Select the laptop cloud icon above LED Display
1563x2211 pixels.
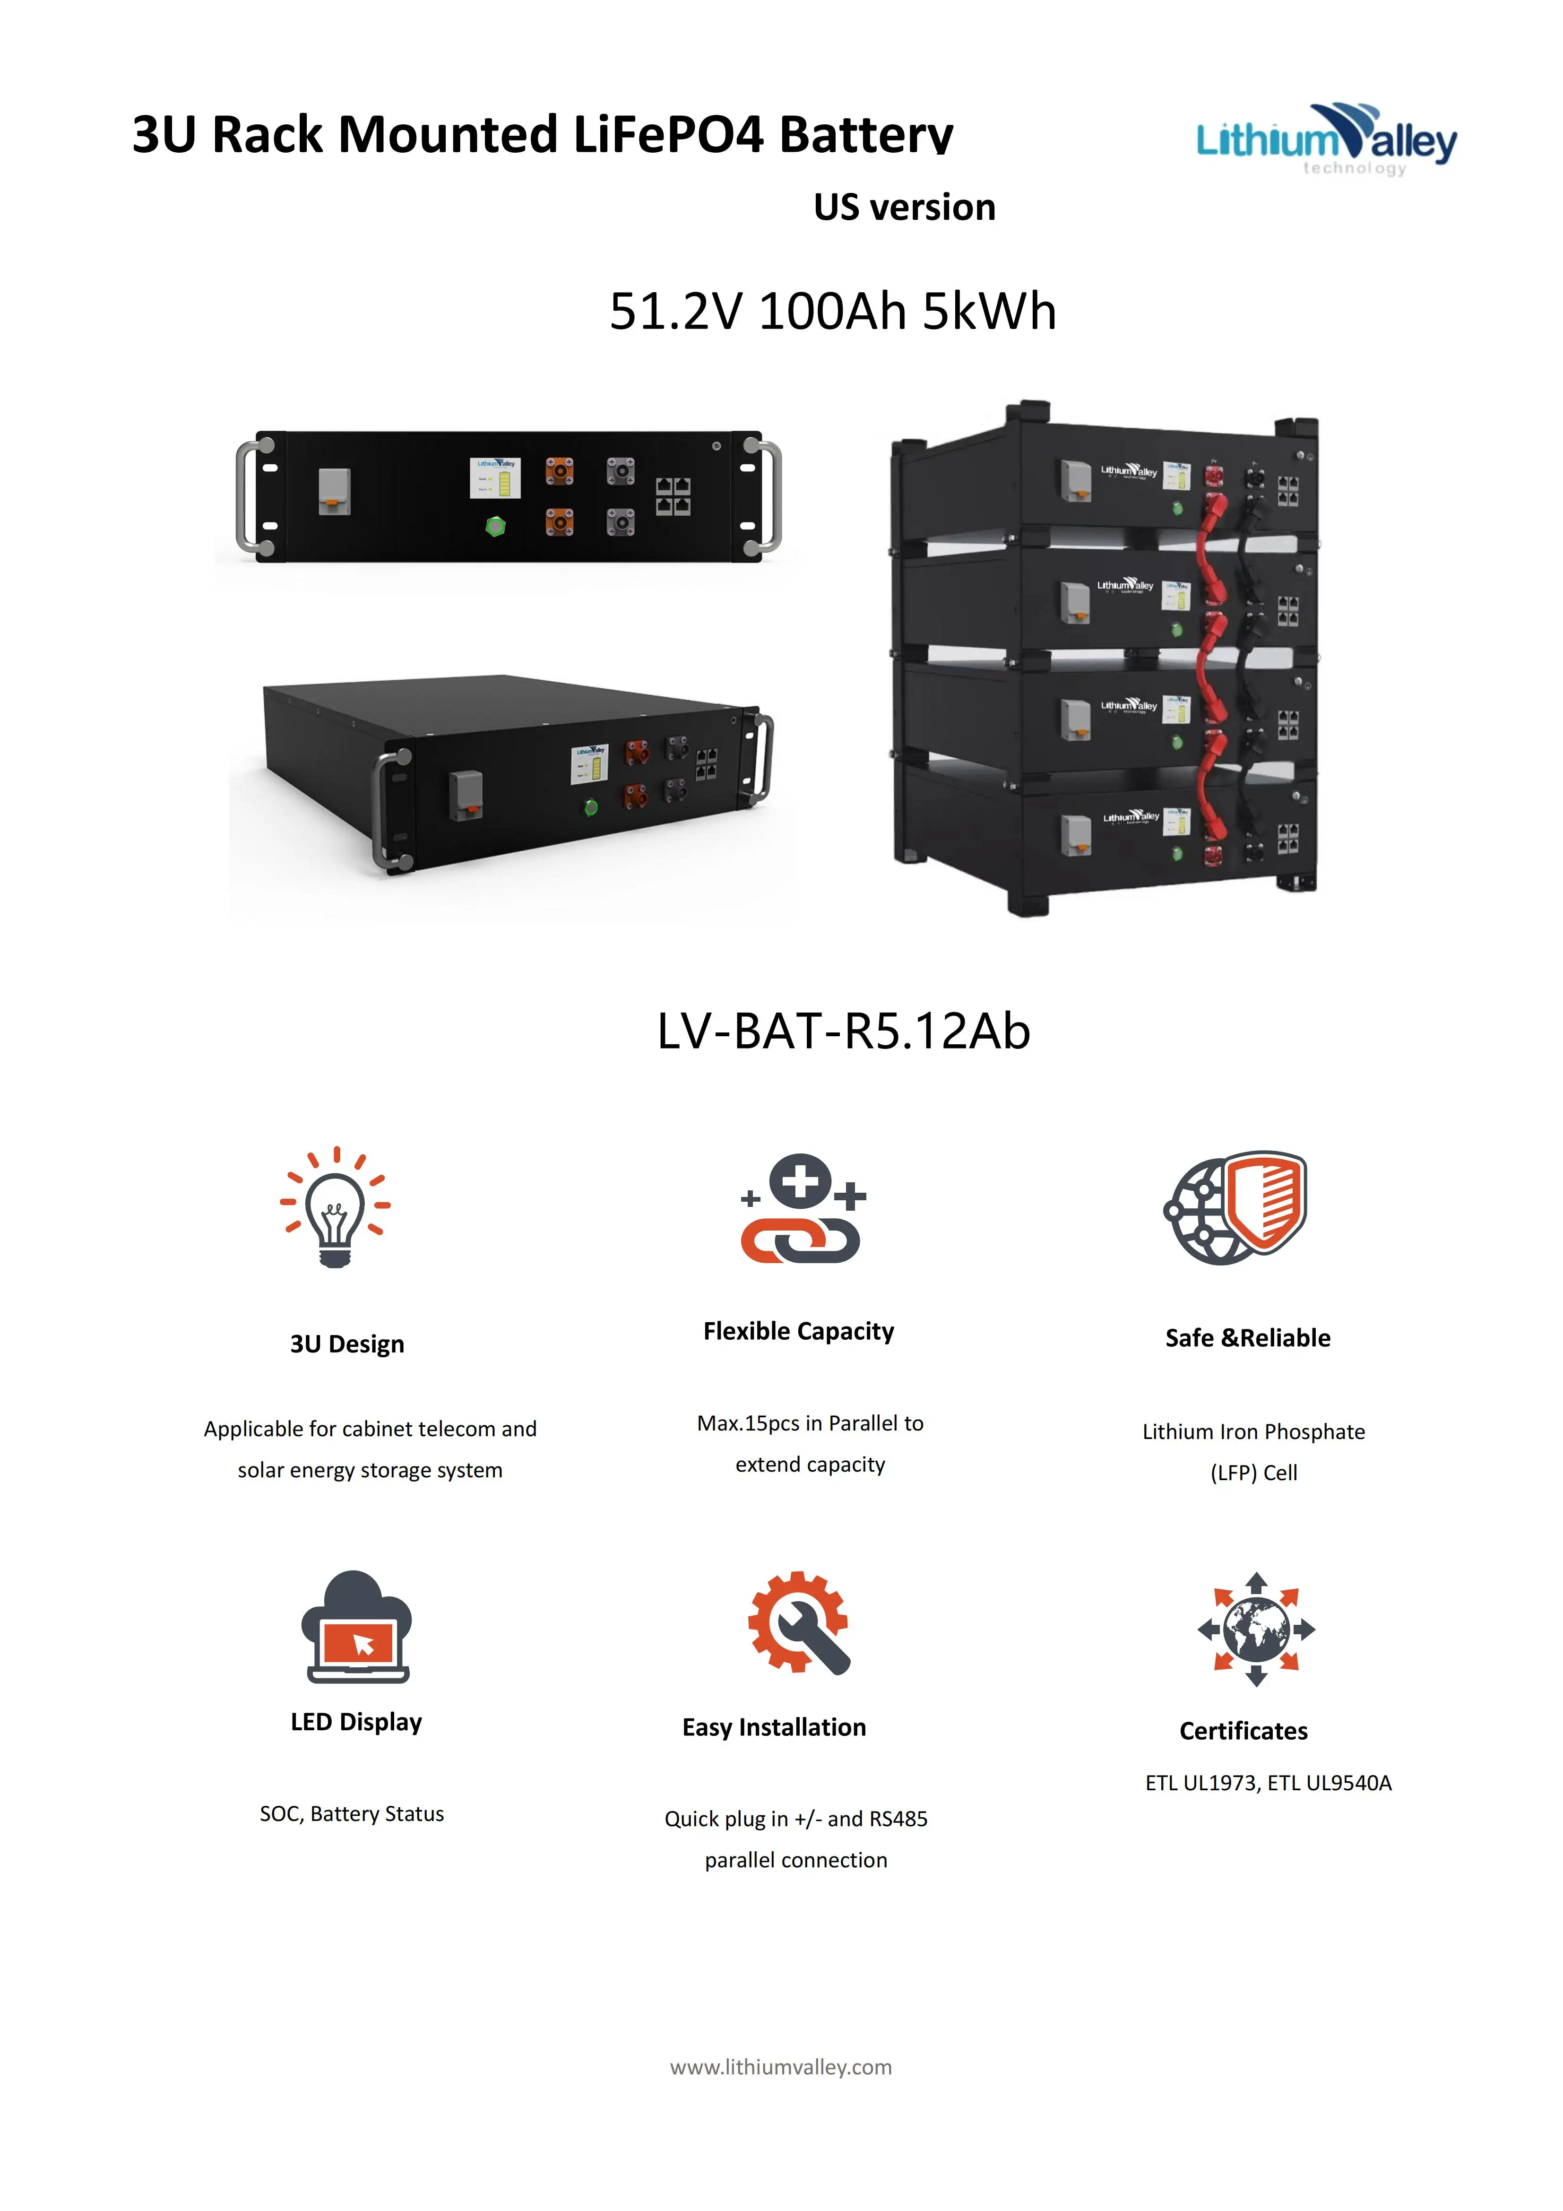click(x=356, y=1628)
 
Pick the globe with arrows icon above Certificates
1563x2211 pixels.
click(x=1256, y=1630)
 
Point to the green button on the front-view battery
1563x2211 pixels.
click(x=495, y=526)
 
